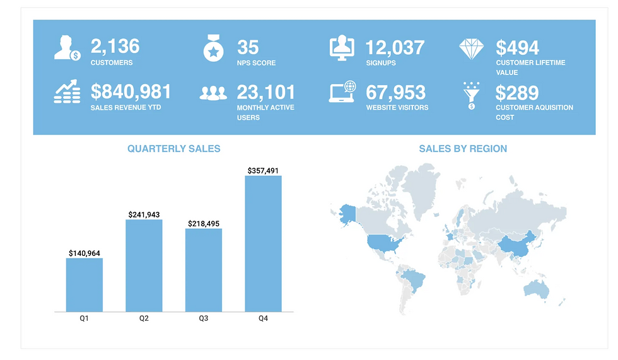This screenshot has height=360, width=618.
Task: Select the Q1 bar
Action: tap(84, 284)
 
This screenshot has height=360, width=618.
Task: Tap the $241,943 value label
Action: tap(144, 214)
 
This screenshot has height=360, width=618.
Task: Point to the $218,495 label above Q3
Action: tap(204, 224)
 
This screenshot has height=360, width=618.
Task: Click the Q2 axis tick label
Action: tap(144, 319)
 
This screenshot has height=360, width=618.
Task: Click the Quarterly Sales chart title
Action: tap(173, 149)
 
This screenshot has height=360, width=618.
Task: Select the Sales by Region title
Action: tap(463, 149)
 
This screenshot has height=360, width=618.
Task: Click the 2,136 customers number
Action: tap(115, 47)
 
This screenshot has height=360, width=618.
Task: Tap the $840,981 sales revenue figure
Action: tap(131, 92)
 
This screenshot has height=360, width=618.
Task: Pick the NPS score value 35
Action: tap(248, 47)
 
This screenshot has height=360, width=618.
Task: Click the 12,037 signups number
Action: tap(395, 47)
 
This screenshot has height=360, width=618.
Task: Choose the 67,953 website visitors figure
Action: tap(395, 93)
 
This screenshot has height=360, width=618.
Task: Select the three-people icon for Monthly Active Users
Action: tap(213, 94)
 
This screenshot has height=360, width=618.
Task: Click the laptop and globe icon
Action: tap(342, 93)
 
